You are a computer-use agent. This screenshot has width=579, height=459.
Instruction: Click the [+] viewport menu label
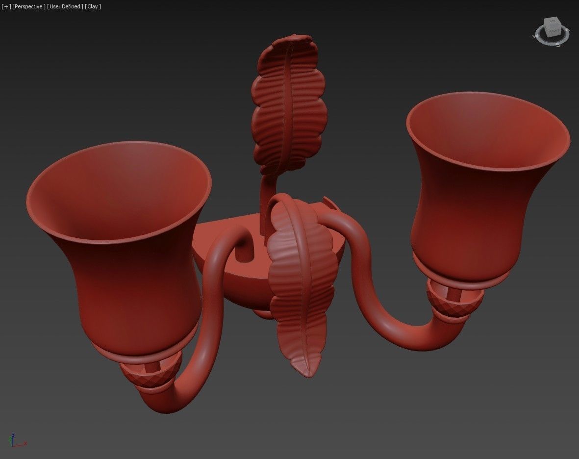[6, 6]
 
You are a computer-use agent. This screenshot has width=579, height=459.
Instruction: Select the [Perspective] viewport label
[28, 6]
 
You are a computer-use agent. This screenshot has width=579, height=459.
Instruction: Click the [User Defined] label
[65, 6]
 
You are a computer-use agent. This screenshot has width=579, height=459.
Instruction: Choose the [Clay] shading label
[93, 6]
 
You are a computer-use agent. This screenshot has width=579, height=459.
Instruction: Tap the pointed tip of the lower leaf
[308, 374]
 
